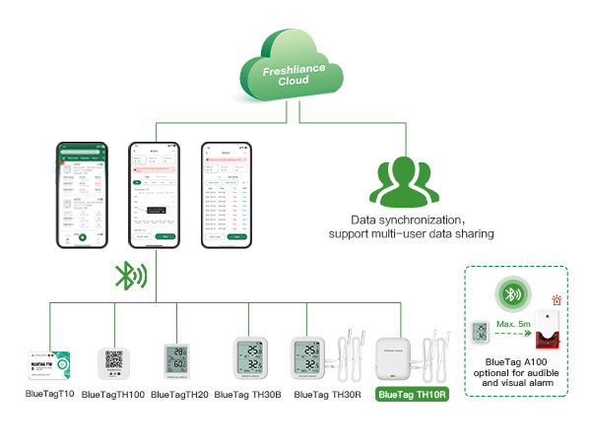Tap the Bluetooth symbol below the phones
[128, 275]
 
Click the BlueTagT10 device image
[49, 361]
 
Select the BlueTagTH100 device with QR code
[113, 362]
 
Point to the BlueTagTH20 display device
[179, 361]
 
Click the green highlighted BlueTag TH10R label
[412, 395]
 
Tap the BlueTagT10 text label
[49, 394]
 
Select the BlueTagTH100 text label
[113, 395]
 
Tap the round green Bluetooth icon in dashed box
[509, 294]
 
